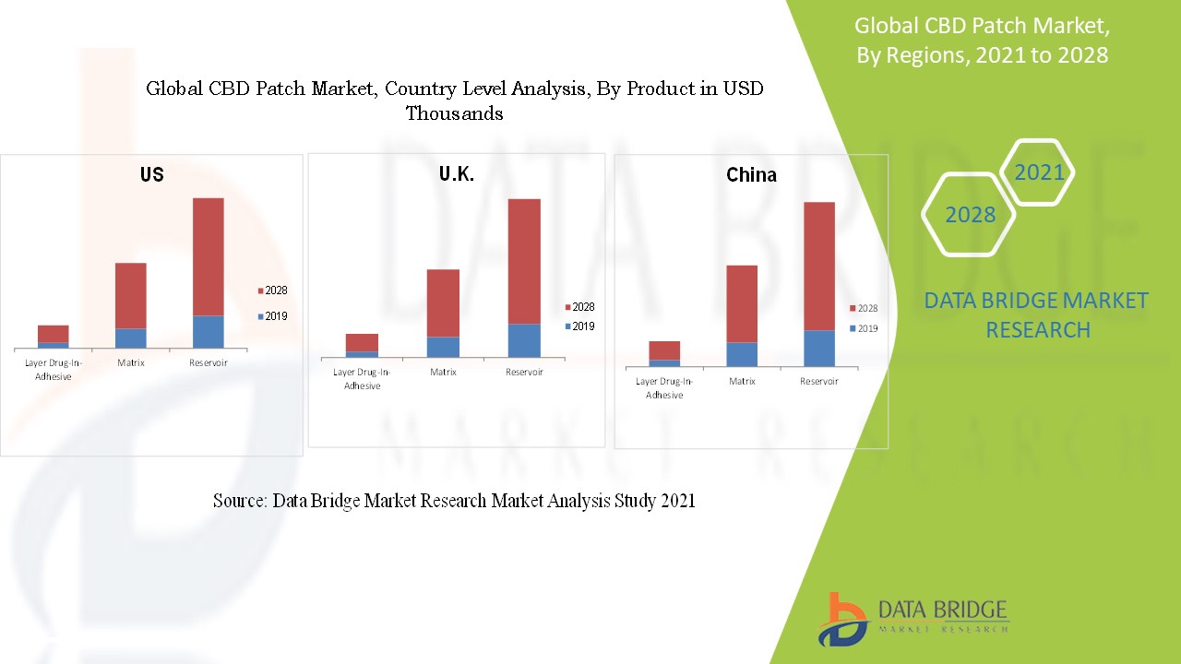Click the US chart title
point(152,174)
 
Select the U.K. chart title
point(457,174)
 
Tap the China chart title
point(751,175)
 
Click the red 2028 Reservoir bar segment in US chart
point(209,256)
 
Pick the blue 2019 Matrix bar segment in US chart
point(131,338)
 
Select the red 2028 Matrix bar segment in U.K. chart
point(443,302)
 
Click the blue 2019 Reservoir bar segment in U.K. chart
point(524,340)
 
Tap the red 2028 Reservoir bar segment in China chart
point(818,266)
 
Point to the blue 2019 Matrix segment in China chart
point(742,354)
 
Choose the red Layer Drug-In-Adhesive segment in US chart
point(54,334)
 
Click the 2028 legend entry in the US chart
point(272,290)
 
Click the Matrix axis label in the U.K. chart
point(443,373)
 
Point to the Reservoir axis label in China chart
point(818,382)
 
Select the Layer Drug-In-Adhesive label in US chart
point(53,369)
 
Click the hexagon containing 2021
point(1038,172)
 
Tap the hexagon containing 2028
point(970,214)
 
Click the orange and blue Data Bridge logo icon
point(841,618)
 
